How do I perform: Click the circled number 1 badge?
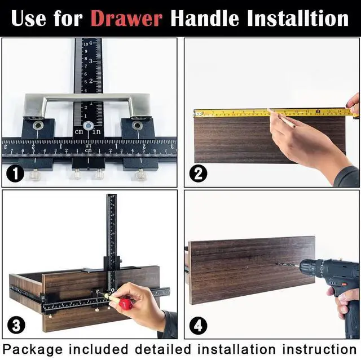[14, 174]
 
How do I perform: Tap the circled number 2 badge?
[198, 174]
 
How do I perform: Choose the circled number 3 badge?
[16, 325]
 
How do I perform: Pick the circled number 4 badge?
[199, 325]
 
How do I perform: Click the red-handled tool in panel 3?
[125, 304]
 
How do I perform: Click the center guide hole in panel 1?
[88, 126]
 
